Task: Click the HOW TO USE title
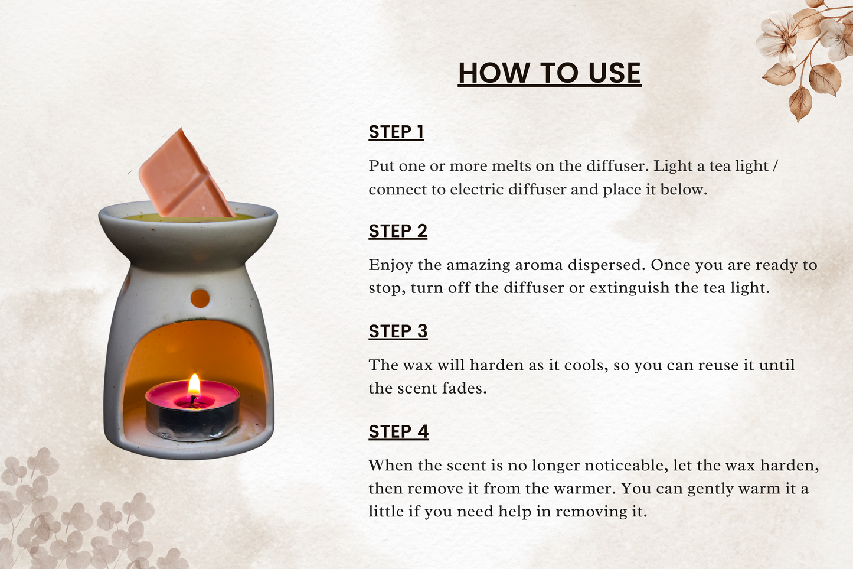click(550, 73)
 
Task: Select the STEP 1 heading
click(396, 132)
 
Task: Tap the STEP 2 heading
click(398, 232)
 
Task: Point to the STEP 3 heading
click(398, 331)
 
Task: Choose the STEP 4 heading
click(398, 432)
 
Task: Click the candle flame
click(194, 384)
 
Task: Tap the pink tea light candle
click(192, 410)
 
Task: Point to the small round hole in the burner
click(200, 298)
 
